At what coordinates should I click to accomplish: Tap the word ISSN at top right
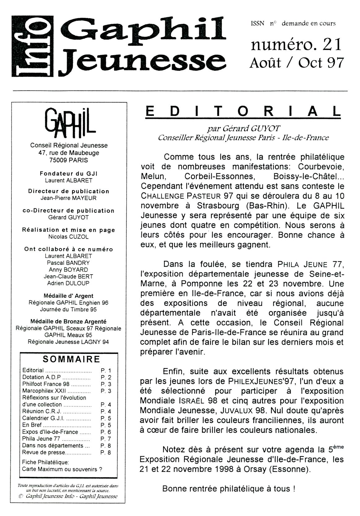[258, 24]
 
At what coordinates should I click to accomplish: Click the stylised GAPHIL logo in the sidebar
[69, 124]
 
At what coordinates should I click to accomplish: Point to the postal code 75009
[59, 160]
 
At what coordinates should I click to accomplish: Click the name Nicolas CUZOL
[68, 237]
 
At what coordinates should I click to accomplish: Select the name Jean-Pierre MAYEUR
[68, 198]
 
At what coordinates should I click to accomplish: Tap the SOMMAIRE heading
[72, 359]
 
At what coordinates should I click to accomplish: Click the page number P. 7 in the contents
[106, 439]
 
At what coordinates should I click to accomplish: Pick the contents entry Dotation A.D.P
[41, 377]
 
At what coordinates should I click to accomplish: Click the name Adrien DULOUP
[68, 283]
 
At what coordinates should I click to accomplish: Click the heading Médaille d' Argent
[68, 296]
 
